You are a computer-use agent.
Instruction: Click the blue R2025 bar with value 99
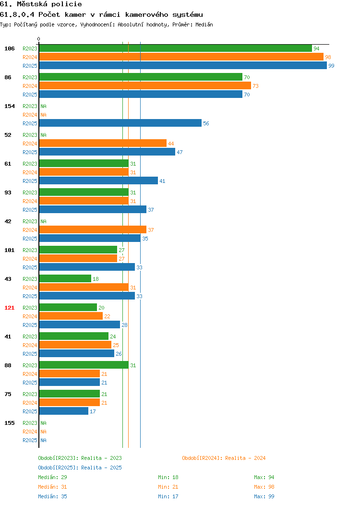click(183, 65)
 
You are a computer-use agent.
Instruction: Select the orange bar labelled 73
click(145, 85)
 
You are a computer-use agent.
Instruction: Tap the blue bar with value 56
click(120, 123)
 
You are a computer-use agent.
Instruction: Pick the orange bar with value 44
click(103, 144)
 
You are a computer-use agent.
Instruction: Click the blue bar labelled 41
click(98, 180)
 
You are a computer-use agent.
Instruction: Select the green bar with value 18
click(65, 278)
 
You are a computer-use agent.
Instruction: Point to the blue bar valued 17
click(64, 411)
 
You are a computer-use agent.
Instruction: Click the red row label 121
click(9, 308)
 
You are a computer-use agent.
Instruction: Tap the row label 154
click(9, 106)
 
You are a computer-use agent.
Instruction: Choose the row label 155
click(9, 423)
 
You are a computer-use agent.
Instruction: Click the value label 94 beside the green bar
click(316, 48)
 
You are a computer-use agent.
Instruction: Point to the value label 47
click(180, 152)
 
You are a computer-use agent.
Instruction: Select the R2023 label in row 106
click(30, 48)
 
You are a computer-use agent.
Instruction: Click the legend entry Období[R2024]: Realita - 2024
click(224, 458)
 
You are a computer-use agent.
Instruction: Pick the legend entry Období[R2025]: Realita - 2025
click(80, 468)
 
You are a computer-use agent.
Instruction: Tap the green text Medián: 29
click(52, 477)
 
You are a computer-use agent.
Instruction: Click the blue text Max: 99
click(264, 496)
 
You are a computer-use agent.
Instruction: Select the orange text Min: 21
click(168, 487)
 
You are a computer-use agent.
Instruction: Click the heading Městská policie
click(49, 4)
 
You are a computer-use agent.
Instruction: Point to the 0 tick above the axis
click(39, 39)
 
